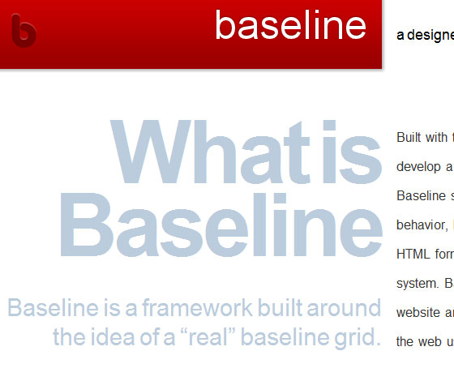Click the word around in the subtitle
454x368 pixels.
tap(350, 308)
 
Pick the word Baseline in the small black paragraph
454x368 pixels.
tap(421, 195)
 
